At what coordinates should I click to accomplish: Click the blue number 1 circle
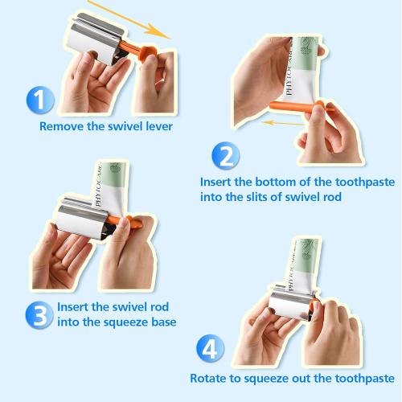40,100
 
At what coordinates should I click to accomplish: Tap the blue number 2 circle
226,156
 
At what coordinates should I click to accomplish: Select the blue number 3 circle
39,315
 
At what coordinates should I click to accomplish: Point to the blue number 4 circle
211,348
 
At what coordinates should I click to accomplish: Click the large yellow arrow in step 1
129,19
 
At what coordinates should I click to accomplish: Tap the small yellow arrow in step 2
283,123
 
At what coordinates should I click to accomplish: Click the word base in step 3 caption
164,322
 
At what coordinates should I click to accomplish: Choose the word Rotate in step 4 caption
207,379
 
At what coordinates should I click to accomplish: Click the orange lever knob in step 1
148,53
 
